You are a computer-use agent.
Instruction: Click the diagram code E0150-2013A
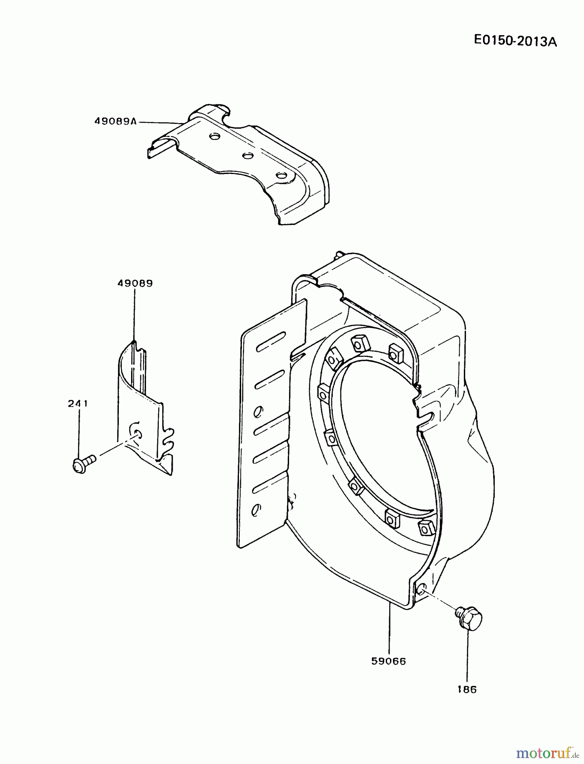(515, 41)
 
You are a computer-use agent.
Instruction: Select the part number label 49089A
(115, 121)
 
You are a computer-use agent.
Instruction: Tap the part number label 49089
(135, 283)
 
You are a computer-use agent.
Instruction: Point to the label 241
(78, 404)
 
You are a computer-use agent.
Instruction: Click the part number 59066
(388, 661)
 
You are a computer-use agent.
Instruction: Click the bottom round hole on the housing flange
(256, 509)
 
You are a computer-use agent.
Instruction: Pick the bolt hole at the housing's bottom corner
(420, 587)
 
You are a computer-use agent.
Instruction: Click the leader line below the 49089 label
(135, 314)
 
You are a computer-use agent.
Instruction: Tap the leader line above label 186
(468, 658)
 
